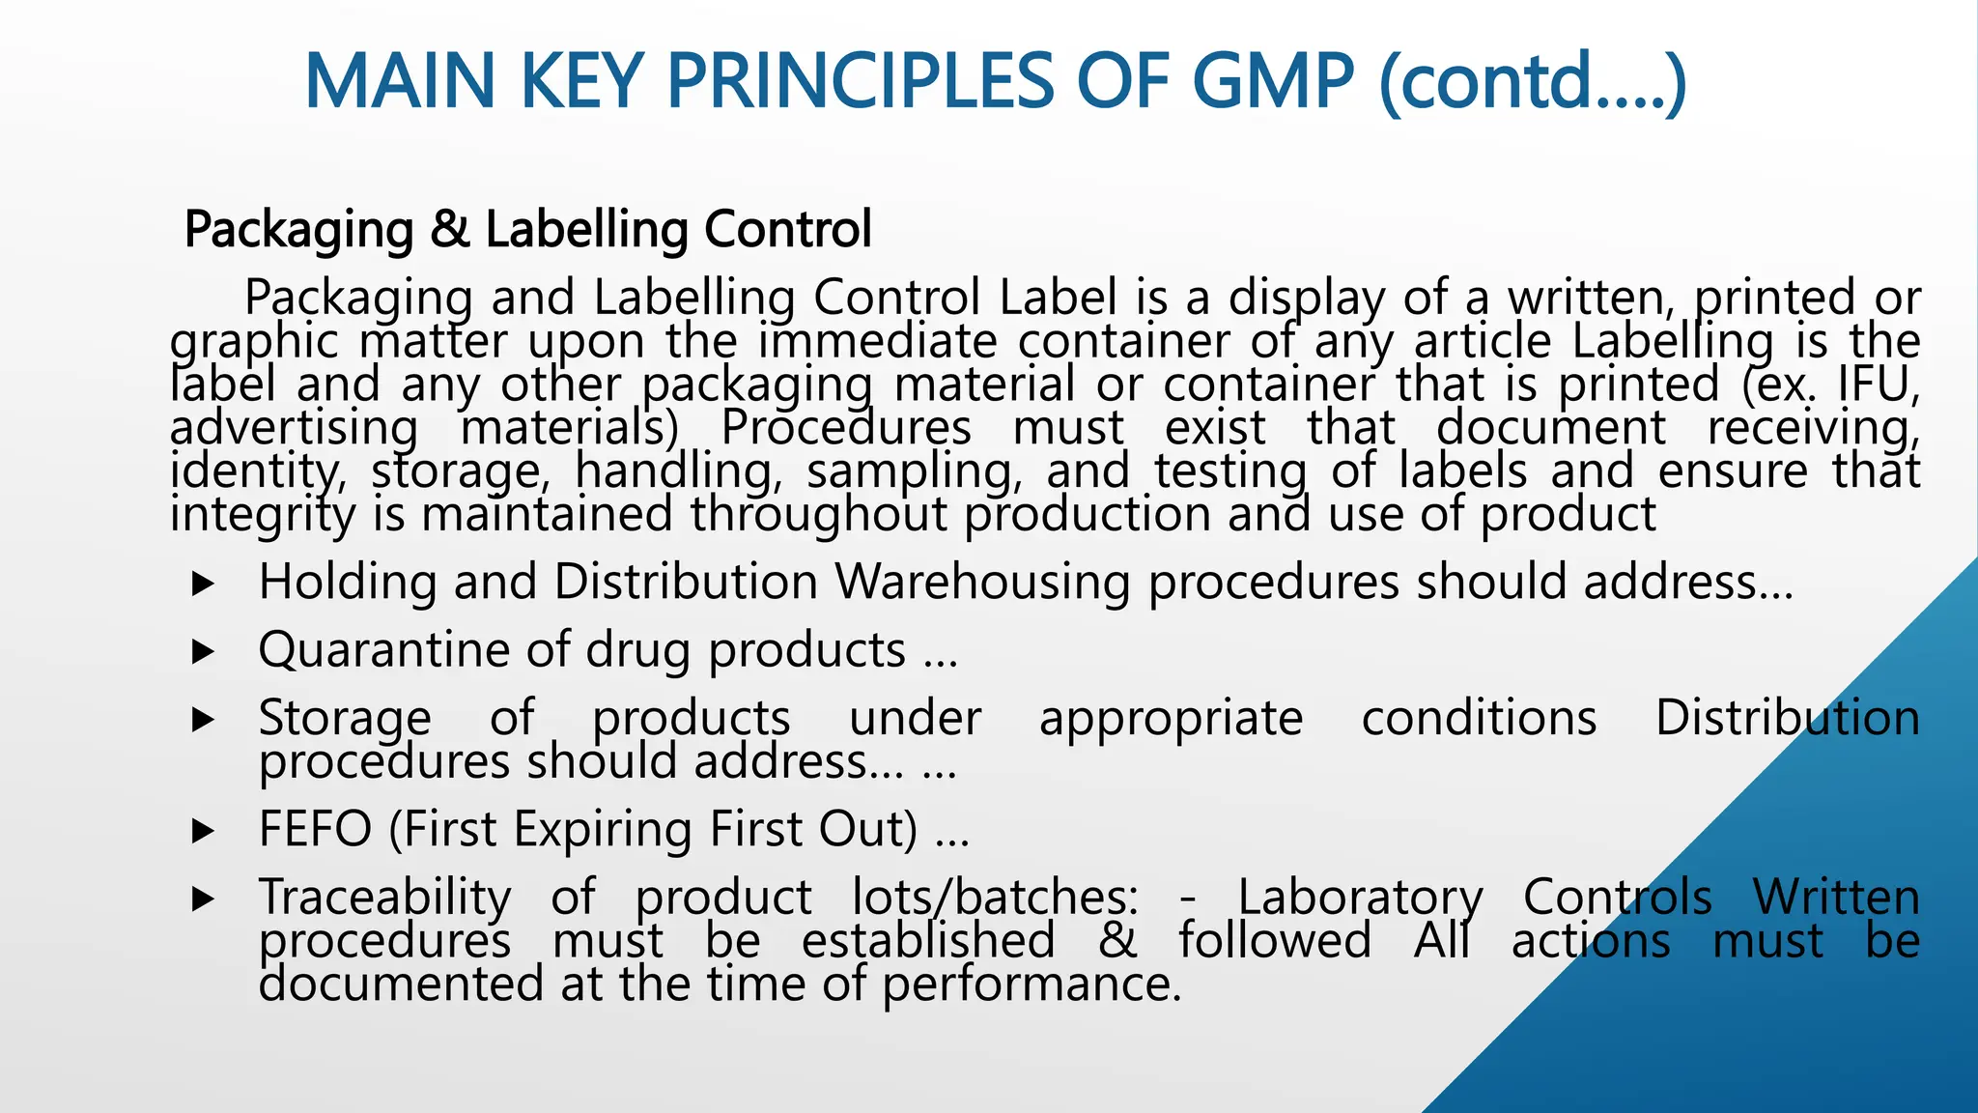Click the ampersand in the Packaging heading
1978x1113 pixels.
click(x=450, y=230)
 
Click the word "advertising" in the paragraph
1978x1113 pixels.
click(x=294, y=427)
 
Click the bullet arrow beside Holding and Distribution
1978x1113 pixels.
click(x=203, y=584)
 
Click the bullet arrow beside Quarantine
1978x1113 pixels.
click(x=203, y=652)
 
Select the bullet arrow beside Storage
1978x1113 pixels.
click(x=203, y=720)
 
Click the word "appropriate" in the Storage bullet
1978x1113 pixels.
click(x=1171, y=719)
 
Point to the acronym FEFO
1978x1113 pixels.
click(x=315, y=829)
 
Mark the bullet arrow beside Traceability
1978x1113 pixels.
click(x=203, y=899)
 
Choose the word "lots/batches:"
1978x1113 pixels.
click(x=995, y=898)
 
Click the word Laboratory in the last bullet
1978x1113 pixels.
click(x=1360, y=898)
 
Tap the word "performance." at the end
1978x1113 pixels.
click(x=1031, y=985)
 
